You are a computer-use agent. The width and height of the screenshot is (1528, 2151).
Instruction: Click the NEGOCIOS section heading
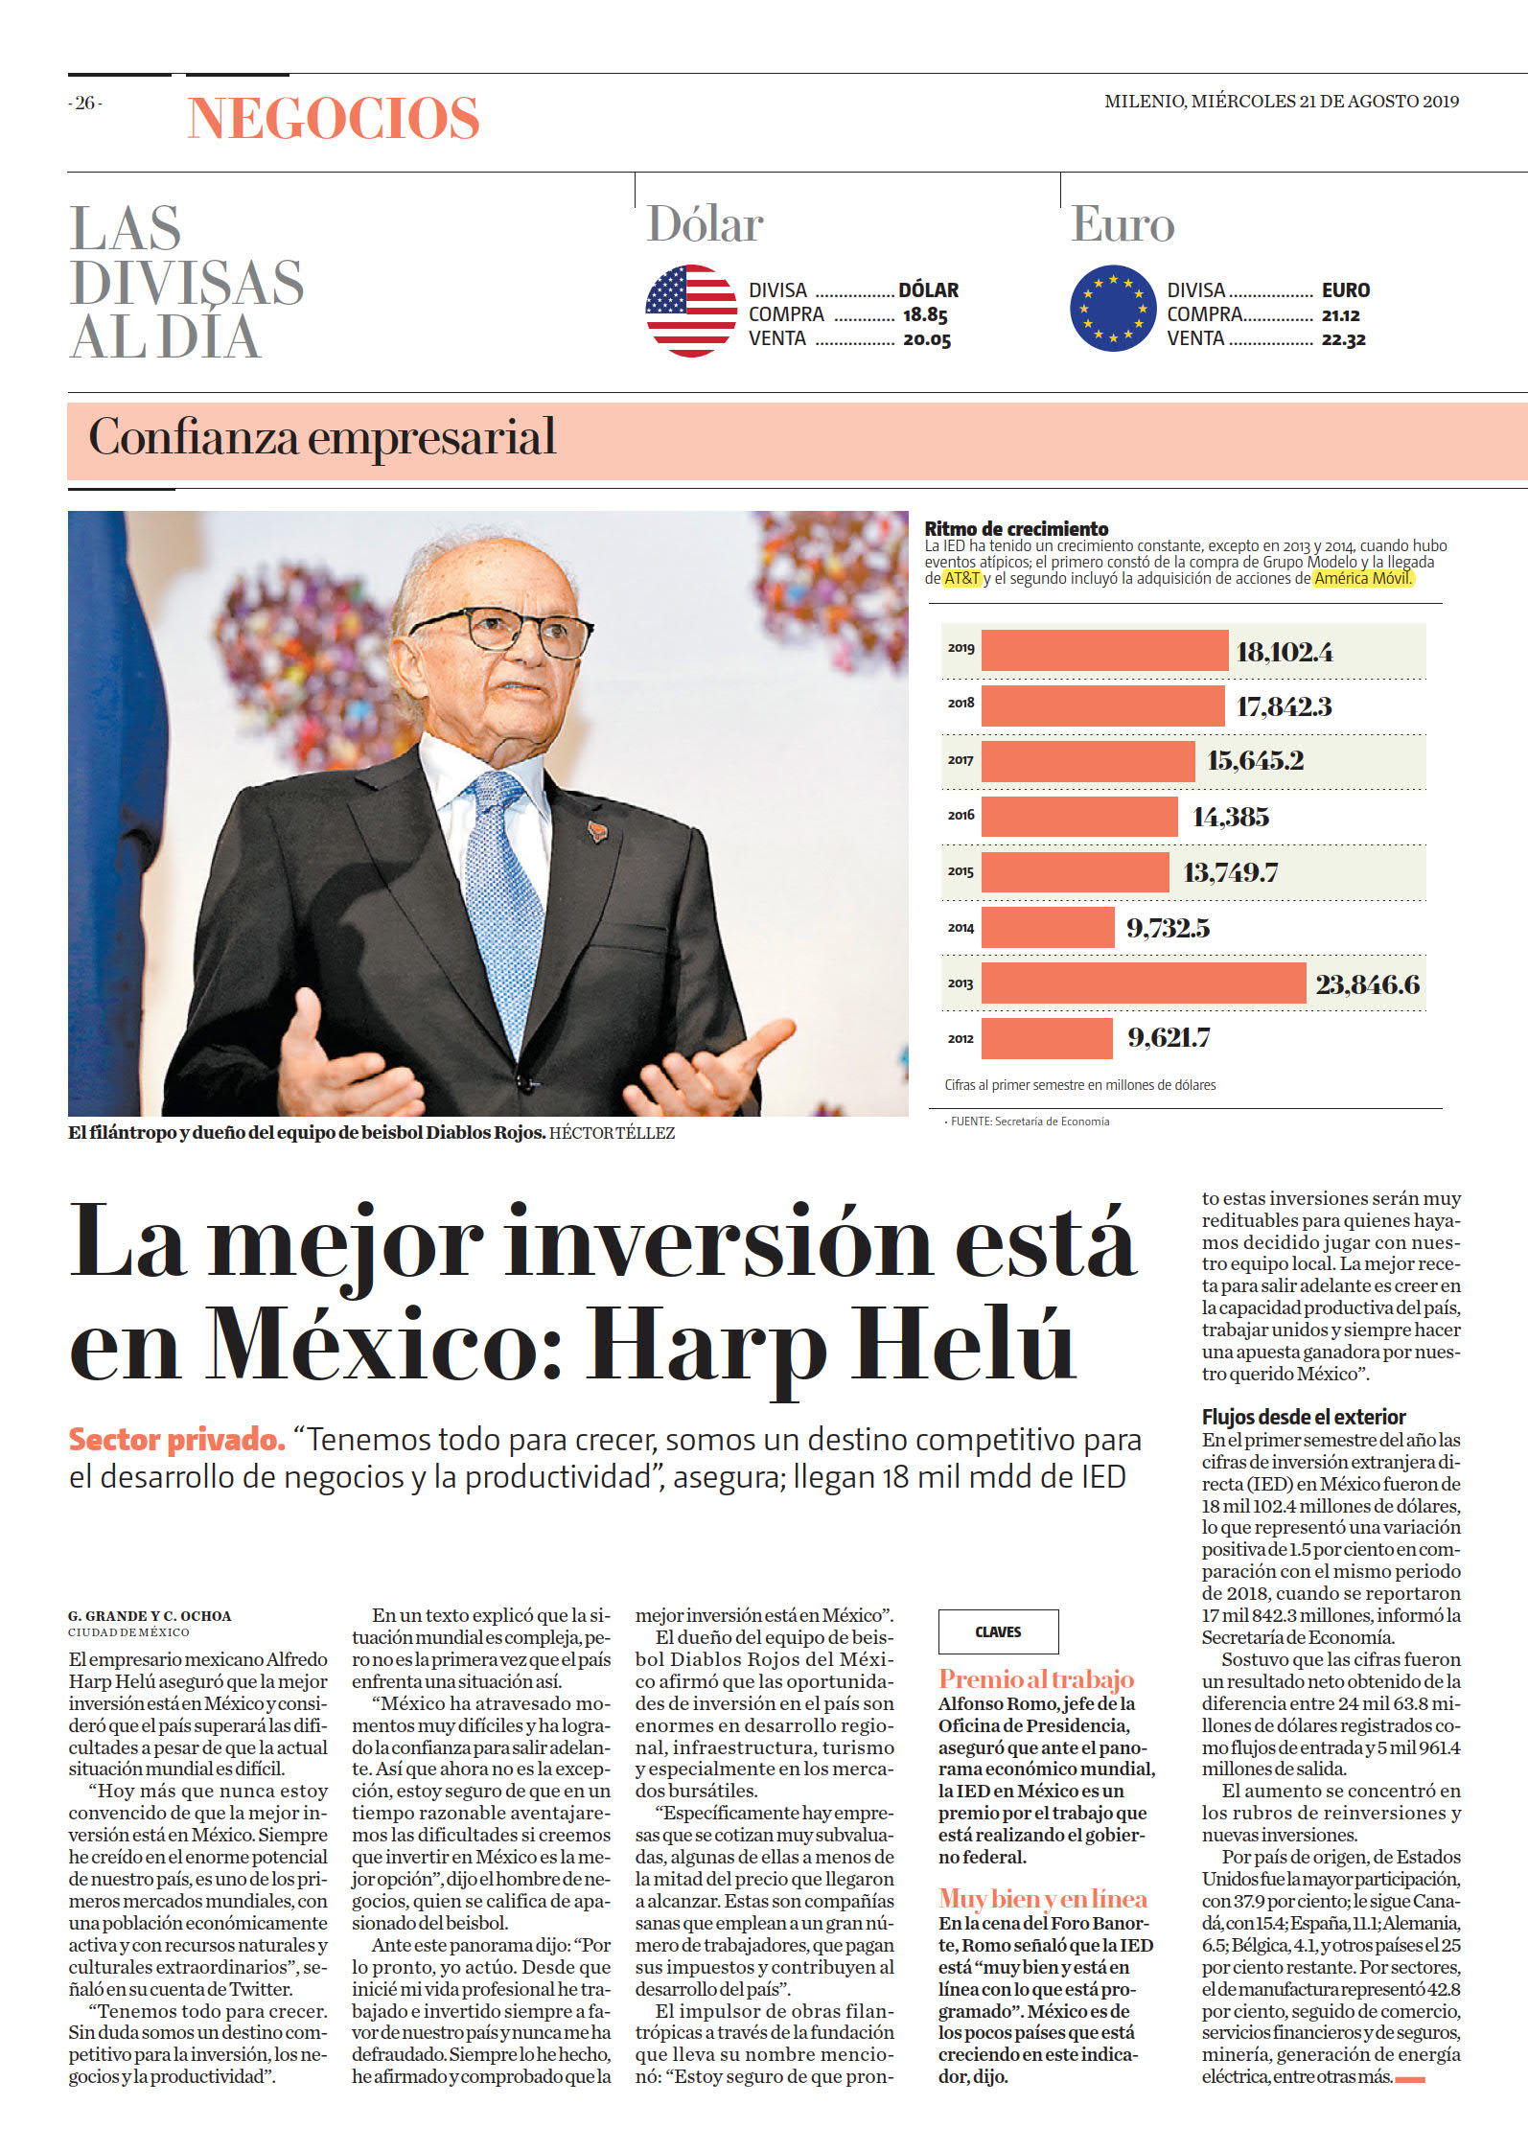[x=334, y=119]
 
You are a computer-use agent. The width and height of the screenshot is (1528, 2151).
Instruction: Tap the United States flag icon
[x=691, y=311]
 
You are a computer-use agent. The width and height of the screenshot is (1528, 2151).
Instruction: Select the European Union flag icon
[x=1113, y=310]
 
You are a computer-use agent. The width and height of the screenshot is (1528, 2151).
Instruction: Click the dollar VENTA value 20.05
[x=927, y=339]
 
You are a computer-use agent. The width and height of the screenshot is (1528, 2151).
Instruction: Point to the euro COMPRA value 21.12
[x=1341, y=315]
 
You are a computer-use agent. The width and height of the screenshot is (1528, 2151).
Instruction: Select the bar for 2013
[x=1144, y=983]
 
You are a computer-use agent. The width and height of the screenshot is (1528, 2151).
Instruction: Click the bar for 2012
[x=1047, y=1038]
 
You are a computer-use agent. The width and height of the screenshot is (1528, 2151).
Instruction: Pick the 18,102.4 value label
[x=1285, y=652]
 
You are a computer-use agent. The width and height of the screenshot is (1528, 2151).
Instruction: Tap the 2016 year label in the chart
[x=961, y=815]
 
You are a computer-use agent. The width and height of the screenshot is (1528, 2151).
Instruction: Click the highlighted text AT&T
[x=962, y=578]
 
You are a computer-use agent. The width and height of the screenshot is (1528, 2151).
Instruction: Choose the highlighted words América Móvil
[x=1362, y=578]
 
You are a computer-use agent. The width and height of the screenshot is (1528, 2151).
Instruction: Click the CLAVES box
[x=998, y=1631]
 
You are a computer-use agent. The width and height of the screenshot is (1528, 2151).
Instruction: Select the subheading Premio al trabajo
[x=1036, y=1679]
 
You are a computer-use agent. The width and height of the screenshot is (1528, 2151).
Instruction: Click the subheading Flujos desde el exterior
[x=1304, y=1417]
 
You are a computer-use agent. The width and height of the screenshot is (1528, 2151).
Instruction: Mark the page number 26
[x=85, y=103]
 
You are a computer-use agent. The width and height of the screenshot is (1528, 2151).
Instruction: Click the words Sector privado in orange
[x=177, y=1440]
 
